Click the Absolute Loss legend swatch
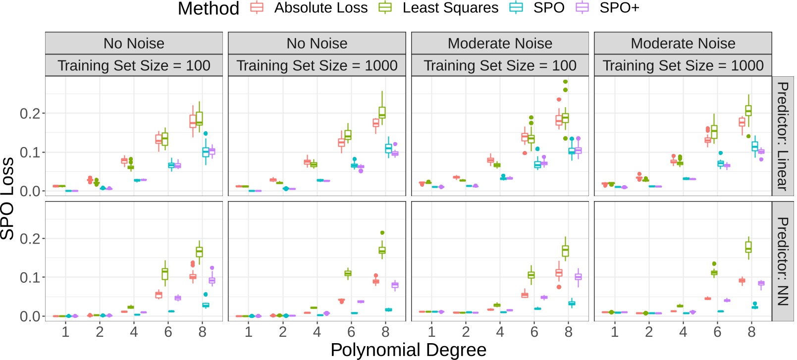pos(257,7)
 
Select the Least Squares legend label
pos(450,8)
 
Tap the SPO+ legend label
pos(619,8)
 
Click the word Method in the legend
pos(208,8)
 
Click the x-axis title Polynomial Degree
pos(408,350)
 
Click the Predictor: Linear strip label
pos(783,136)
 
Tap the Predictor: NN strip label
pos(783,261)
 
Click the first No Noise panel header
pos(134,44)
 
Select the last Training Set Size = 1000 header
pos(683,65)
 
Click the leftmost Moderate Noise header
pos(500,44)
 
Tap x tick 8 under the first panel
pos(202,332)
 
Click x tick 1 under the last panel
pos(614,332)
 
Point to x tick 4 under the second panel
pos(317,332)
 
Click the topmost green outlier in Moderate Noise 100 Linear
pos(565,82)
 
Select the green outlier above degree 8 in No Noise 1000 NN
pos(382,233)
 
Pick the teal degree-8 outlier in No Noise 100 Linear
pos(206,134)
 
